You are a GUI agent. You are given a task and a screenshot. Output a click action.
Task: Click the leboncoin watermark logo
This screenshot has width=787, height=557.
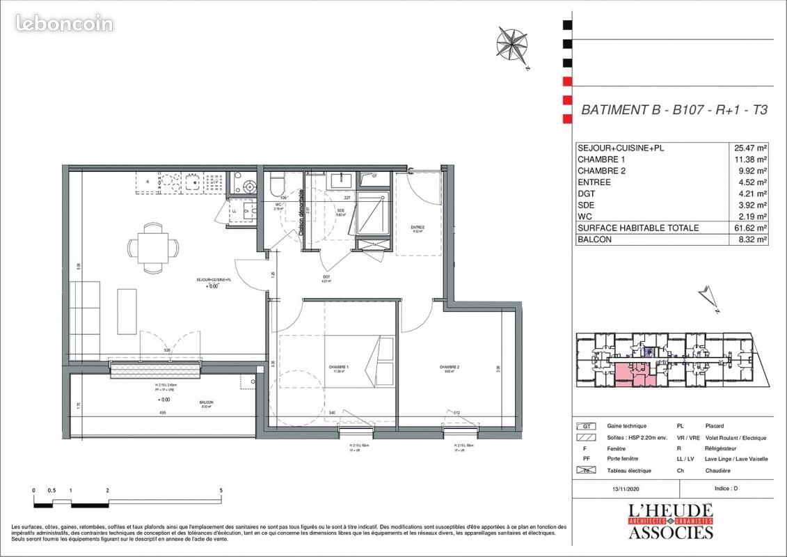coord(64,24)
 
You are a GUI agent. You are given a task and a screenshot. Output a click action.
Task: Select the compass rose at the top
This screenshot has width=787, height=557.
coord(512,44)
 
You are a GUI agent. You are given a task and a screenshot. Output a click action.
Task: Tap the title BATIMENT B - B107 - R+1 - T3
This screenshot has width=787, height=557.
coord(674,109)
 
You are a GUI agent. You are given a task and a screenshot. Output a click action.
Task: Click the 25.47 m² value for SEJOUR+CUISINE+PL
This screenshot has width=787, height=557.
coord(750,148)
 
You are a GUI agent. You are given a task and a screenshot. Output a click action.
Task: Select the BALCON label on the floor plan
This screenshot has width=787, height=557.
coord(206,402)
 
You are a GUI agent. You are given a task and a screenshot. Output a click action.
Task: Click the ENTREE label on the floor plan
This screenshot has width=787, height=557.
coord(418,228)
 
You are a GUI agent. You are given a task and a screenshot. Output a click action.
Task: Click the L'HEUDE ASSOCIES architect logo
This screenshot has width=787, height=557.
coord(670,521)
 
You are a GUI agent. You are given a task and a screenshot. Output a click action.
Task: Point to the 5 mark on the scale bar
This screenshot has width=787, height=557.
coord(221,491)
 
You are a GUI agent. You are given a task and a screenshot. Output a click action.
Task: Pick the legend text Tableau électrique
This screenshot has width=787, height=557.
coord(629,470)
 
